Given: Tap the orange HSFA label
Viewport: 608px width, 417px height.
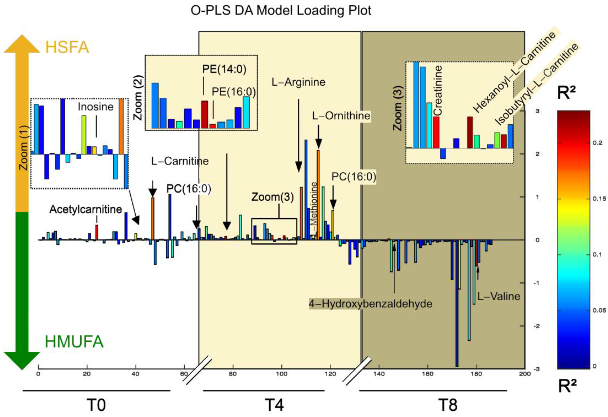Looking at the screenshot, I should coord(67,48).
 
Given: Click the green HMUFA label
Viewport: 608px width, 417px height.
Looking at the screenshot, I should coord(74,342).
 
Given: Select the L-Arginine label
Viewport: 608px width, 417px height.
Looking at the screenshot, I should coord(299,82).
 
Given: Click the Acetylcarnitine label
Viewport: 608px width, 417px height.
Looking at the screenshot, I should coord(86,209).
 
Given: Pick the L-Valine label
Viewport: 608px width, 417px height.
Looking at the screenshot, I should coord(499,296).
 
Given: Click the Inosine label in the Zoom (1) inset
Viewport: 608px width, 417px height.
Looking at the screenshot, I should coord(96,107).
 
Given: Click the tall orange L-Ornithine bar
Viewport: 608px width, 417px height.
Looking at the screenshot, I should coord(318,195).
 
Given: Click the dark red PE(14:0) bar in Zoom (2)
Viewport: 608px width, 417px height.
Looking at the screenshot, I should coord(205,115).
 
